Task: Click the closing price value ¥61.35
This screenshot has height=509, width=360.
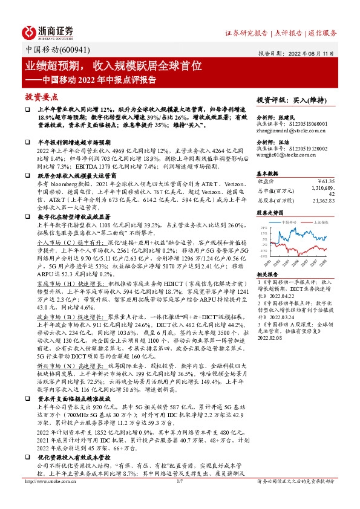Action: (x=326, y=180)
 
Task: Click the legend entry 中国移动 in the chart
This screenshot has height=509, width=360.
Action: (x=290, y=222)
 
